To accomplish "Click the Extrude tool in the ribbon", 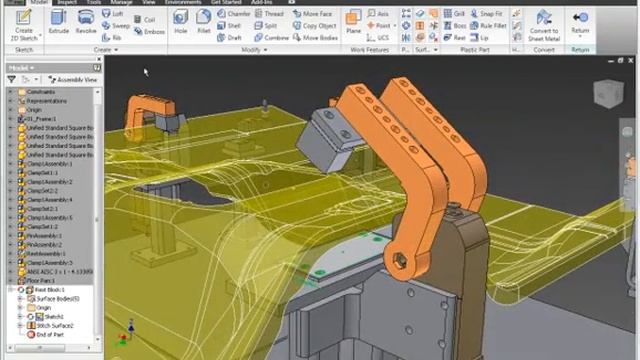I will point(59,25).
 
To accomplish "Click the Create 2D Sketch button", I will point(23,25).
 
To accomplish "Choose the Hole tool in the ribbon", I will point(180,25).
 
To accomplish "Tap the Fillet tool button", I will point(202,25).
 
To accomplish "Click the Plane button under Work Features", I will point(354,25).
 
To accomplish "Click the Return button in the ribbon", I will point(580,25).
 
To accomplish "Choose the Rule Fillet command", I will point(491,26).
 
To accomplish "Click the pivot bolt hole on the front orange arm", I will point(400,261).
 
